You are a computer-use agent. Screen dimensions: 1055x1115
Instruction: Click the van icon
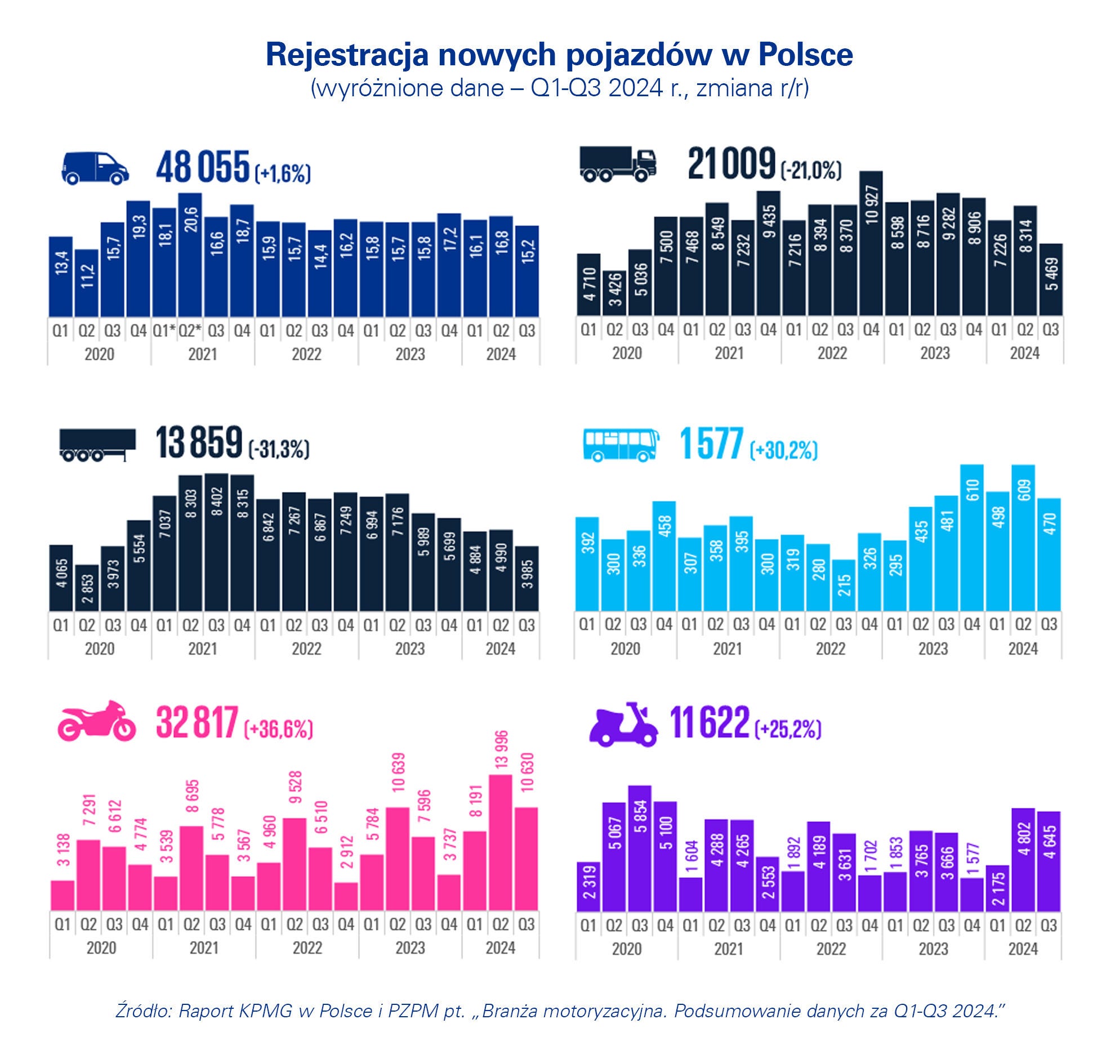(x=95, y=168)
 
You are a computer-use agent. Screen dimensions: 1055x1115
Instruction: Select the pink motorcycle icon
(x=96, y=721)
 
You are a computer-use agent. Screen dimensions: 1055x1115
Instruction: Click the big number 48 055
(x=202, y=167)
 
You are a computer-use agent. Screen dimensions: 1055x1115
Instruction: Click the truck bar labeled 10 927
(x=871, y=244)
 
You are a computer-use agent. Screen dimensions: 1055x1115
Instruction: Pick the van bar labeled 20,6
(x=190, y=255)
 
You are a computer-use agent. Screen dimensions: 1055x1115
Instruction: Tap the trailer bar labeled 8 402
(x=217, y=542)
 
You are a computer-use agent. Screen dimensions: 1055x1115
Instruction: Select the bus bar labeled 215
(x=844, y=585)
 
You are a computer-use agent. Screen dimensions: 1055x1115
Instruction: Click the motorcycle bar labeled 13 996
(x=501, y=842)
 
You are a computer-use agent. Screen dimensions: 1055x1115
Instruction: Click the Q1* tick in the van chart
(x=163, y=331)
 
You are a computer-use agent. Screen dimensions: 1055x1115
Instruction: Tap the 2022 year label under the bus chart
(x=831, y=649)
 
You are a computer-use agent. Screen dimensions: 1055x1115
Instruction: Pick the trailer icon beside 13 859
(x=97, y=445)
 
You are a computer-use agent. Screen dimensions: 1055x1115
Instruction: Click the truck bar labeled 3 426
(x=614, y=293)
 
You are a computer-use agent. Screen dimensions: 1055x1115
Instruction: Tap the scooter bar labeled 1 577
(x=973, y=895)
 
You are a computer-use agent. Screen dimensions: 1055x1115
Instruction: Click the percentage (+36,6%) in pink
(x=278, y=729)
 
